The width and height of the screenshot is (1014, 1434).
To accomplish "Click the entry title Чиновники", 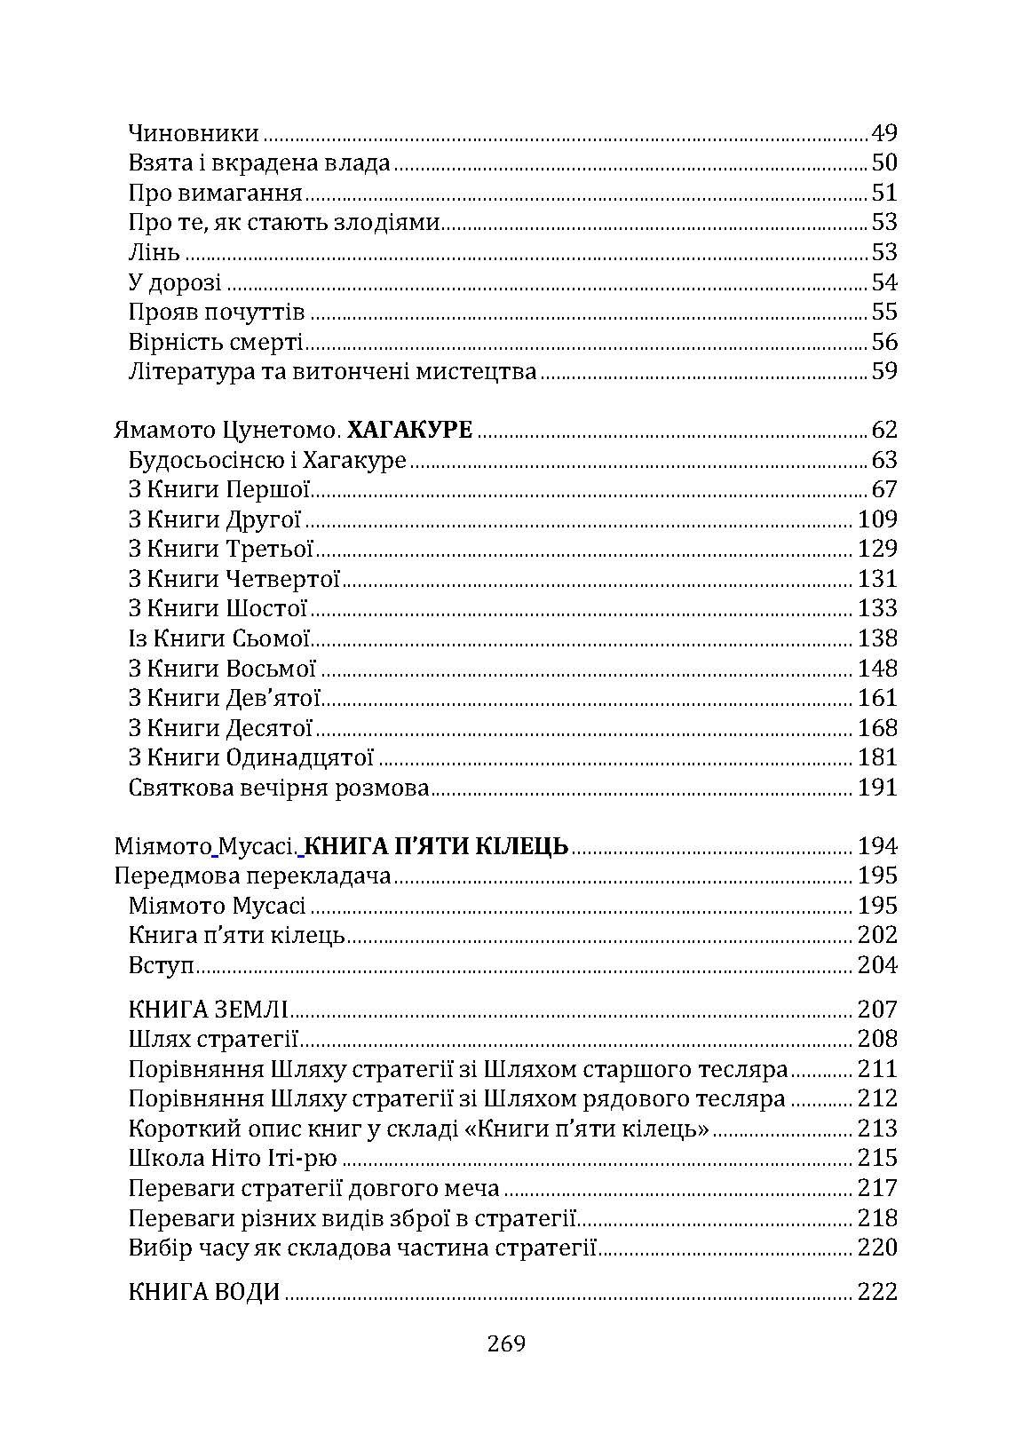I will coord(194,133).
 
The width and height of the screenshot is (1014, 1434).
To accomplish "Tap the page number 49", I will coord(884,133).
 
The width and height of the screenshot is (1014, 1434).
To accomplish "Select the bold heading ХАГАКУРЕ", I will coord(409,431).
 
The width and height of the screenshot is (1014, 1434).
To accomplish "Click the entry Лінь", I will coord(154,252).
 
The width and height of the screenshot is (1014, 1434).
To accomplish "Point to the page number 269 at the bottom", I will coord(506,1343).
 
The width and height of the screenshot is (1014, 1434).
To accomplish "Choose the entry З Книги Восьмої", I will coord(222,669).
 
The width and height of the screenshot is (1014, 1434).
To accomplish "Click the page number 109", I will coord(877,519).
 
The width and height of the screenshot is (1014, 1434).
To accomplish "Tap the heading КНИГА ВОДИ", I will coord(204,1292).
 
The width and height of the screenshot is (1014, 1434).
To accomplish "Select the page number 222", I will coord(877,1292).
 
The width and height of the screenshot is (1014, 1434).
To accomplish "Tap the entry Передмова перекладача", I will coord(253,876).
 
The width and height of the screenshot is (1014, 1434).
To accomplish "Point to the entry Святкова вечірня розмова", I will coord(279,788).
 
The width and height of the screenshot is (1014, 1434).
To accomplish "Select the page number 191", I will coord(877,788).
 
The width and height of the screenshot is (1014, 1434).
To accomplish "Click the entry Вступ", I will coord(161,965).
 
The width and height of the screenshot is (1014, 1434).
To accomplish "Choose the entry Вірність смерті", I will coord(216,342).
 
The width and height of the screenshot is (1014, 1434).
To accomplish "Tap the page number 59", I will coord(884,371).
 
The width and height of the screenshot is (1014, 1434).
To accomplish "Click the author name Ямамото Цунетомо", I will coord(226,431).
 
